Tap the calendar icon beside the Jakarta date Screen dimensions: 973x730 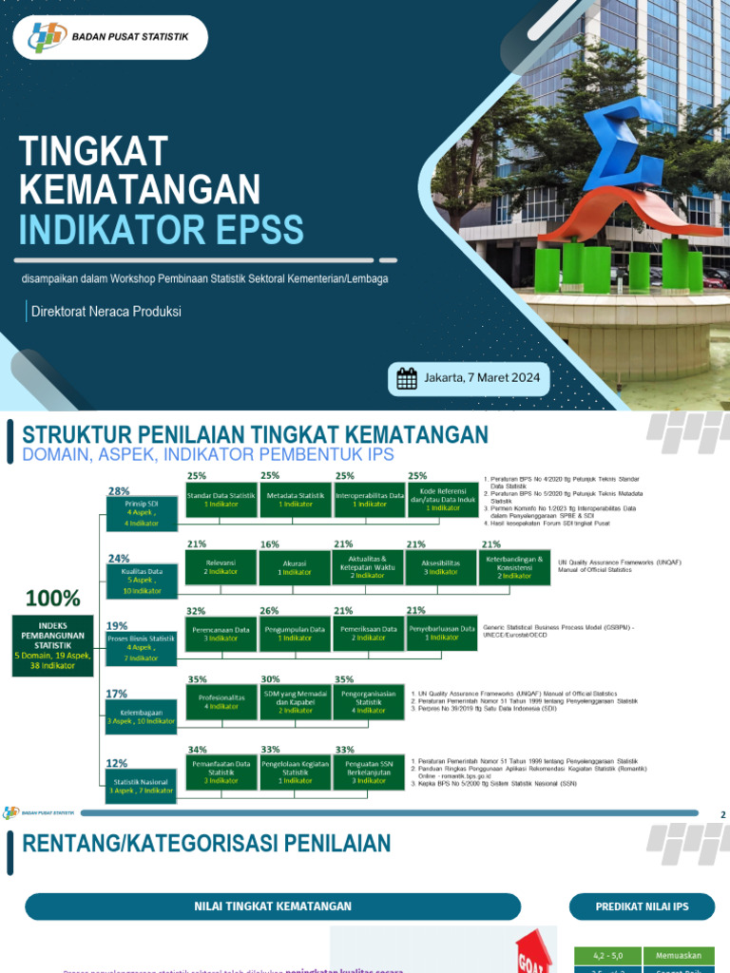click(x=407, y=379)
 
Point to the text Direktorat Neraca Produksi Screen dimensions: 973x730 click(x=106, y=312)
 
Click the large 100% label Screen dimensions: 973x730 click(x=53, y=599)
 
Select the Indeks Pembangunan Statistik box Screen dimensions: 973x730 click(x=53, y=642)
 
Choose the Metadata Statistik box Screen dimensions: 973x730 click(x=296, y=500)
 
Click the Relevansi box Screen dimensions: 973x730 click(x=222, y=567)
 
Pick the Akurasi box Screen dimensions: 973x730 click(x=296, y=567)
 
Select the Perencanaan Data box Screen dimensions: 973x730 click(x=222, y=633)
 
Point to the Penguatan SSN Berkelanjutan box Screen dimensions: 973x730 click(x=369, y=771)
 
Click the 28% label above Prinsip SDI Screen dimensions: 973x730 click(x=119, y=491)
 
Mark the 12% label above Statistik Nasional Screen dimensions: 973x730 click(x=117, y=763)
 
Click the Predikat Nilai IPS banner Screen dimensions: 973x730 click(x=642, y=906)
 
